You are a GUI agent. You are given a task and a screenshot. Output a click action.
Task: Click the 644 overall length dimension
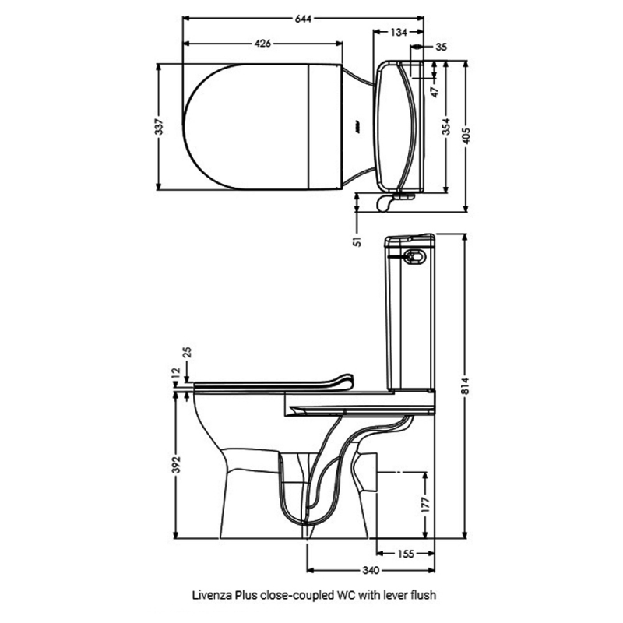(303, 19)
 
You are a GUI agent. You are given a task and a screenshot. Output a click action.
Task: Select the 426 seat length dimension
(262, 43)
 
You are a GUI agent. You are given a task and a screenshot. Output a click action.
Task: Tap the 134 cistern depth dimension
(399, 32)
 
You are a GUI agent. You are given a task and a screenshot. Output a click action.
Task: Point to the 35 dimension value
(441, 47)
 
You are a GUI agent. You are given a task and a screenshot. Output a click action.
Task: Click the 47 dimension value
(436, 92)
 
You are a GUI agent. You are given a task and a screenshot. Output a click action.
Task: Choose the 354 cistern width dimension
(446, 126)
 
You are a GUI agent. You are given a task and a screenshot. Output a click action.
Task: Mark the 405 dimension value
(466, 136)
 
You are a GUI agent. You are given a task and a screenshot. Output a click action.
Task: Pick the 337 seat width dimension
(159, 126)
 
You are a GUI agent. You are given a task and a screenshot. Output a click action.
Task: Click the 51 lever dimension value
(357, 241)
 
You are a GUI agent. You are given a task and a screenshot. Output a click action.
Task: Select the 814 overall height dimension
(466, 385)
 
